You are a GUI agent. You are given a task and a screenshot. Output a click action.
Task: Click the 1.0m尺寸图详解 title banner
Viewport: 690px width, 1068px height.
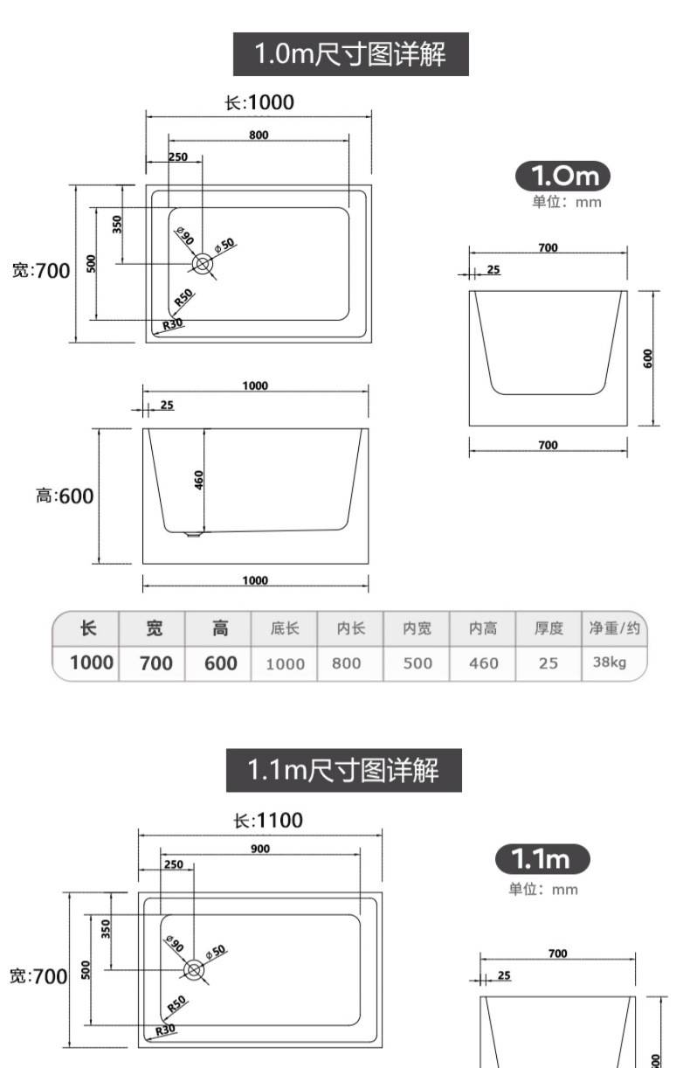351,54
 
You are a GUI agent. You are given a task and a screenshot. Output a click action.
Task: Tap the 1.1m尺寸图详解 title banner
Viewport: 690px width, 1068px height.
343,770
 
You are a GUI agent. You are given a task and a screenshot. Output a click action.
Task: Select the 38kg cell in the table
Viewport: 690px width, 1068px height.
610,662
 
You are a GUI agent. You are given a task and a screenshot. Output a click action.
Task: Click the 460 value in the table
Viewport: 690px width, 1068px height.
484,663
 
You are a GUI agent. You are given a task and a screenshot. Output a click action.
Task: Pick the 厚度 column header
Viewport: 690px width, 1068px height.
549,628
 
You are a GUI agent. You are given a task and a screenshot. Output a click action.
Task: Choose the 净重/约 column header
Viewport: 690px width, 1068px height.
614,628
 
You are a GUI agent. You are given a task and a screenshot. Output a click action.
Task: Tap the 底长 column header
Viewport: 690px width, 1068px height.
285,628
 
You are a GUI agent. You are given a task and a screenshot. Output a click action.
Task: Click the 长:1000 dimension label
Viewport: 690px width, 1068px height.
259,102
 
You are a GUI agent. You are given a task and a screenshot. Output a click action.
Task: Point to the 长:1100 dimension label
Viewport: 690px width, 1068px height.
268,821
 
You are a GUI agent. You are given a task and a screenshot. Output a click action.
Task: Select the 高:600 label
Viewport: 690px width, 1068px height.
65,496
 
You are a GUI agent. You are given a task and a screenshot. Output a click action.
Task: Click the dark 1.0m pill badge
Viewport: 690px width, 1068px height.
562,176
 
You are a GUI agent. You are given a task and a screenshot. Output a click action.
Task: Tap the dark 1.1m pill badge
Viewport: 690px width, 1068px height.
542,859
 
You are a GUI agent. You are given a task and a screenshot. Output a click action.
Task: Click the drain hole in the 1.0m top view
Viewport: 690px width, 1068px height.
203,264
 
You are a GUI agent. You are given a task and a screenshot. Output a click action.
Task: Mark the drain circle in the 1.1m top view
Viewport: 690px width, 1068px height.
194,970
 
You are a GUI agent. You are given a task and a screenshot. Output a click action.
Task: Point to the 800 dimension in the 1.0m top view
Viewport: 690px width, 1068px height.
259,135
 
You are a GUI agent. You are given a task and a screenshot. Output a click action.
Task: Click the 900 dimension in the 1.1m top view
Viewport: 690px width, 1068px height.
260,849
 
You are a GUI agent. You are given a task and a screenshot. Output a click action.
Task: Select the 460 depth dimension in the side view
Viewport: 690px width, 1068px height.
199,480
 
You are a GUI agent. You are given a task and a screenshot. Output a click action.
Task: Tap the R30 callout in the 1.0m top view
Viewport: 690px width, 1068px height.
173,324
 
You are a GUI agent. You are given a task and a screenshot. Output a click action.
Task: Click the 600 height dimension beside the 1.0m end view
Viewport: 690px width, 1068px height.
647,358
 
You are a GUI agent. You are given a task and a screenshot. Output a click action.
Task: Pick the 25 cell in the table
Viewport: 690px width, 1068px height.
548,663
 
